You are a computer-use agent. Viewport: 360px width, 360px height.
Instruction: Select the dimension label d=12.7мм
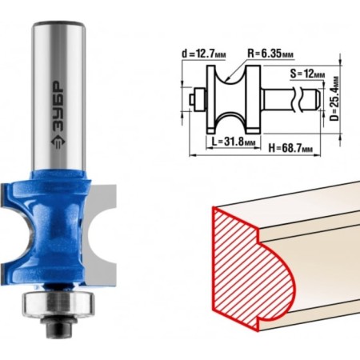coord(204,54)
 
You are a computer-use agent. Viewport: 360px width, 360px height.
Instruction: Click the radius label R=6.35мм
coord(270,54)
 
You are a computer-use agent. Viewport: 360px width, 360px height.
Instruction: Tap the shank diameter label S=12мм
coord(307,74)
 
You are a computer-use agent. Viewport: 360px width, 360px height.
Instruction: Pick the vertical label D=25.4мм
coord(334,98)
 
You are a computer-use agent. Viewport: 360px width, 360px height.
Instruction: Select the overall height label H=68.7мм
coord(290,148)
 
